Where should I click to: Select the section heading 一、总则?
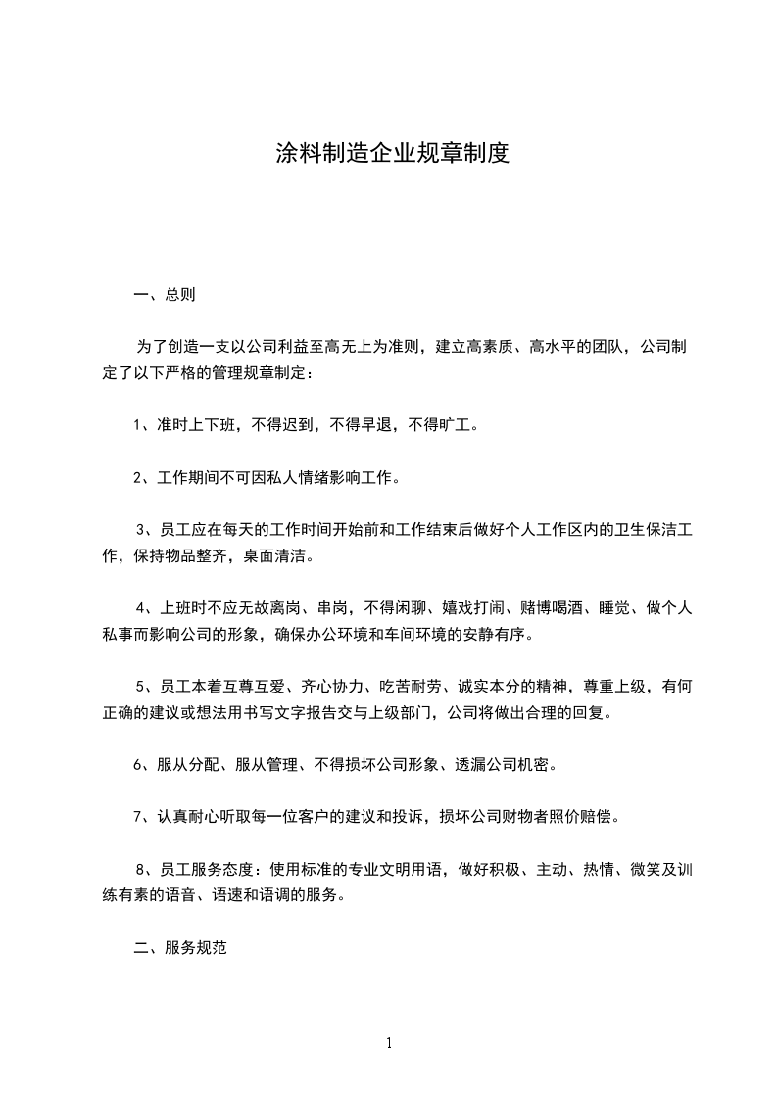tap(164, 294)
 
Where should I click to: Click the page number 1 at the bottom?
tap(389, 1043)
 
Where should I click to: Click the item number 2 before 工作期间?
tap(138, 478)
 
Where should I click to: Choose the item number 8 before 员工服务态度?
tap(141, 870)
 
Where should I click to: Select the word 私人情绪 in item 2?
tap(296, 478)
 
